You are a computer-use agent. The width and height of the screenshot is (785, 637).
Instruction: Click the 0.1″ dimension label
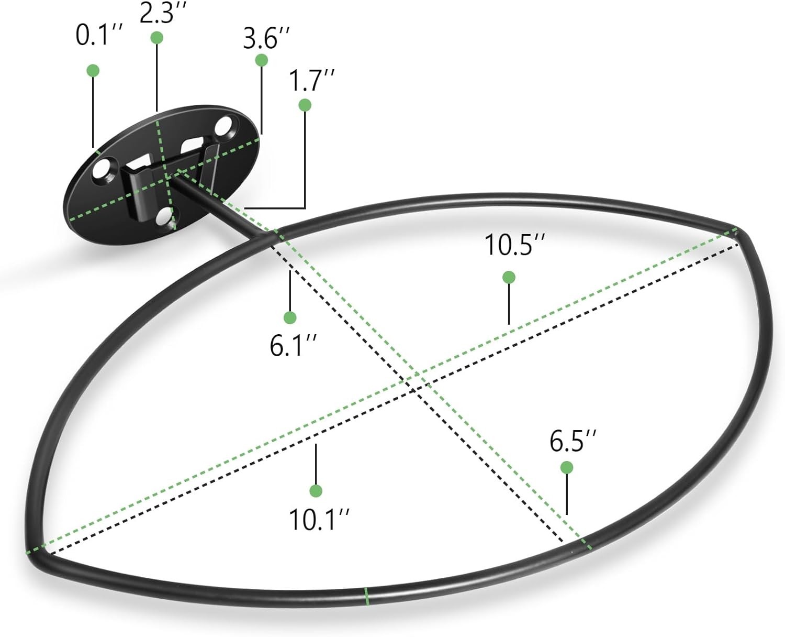[x=98, y=36]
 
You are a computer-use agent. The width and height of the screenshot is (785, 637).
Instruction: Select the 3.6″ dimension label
[x=266, y=38]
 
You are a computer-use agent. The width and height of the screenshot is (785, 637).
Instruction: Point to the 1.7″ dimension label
[x=311, y=80]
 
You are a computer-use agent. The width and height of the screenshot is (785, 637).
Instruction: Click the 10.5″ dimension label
[x=514, y=245]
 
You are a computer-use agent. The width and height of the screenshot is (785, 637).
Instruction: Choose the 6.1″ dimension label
[x=293, y=346]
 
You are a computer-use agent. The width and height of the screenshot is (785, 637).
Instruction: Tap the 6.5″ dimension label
[x=573, y=441]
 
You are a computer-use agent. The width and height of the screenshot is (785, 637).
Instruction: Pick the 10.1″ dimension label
[x=319, y=519]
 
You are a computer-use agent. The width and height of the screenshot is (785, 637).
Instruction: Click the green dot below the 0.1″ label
[x=93, y=70]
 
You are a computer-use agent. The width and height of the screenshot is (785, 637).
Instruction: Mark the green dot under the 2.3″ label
[x=157, y=38]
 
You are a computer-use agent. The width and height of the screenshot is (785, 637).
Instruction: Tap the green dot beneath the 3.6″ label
[x=261, y=60]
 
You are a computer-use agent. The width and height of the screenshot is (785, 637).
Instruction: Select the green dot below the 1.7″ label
[x=305, y=105]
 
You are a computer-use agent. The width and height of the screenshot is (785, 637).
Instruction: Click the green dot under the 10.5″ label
[x=509, y=277]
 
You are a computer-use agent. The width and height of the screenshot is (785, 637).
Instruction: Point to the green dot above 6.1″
[x=290, y=317]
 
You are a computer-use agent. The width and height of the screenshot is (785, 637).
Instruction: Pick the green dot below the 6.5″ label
[x=566, y=468]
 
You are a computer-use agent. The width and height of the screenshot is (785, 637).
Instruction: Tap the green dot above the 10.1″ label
[x=316, y=491]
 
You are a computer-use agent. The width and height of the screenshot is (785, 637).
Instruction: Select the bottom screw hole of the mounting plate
[x=164, y=216]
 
